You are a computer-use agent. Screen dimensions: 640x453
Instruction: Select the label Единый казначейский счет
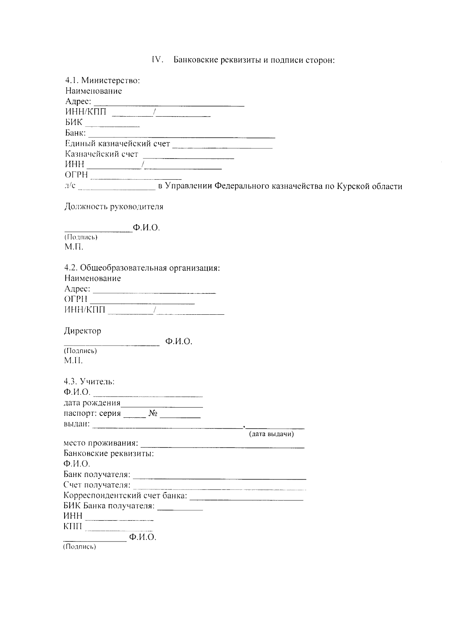(x=117, y=144)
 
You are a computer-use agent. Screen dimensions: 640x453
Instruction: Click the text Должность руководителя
(x=114, y=207)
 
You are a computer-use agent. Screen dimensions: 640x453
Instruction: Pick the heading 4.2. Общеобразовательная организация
(x=142, y=268)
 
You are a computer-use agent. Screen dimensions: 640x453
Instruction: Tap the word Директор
(x=82, y=331)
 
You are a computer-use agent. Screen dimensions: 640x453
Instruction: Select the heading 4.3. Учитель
(x=89, y=382)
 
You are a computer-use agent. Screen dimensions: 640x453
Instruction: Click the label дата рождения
(x=92, y=403)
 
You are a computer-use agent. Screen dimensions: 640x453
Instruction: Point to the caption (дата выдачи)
(x=271, y=434)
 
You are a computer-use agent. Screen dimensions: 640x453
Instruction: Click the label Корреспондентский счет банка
(x=125, y=495)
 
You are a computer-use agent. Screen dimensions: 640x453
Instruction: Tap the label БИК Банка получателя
(x=109, y=506)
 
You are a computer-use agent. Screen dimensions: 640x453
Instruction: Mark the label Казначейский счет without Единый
(x=102, y=154)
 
